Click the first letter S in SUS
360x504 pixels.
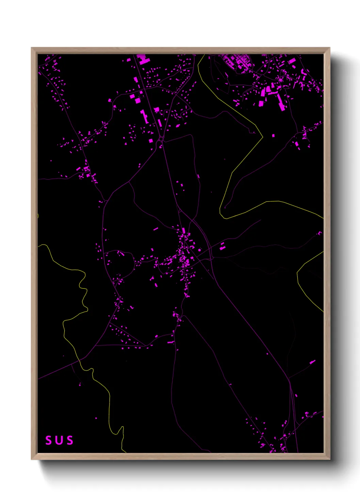pyautogui.click(x=49, y=440)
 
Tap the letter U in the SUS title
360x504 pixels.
pyautogui.click(x=59, y=440)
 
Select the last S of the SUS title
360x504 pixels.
pyautogui.click(x=70, y=440)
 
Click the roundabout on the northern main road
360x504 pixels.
pyautogui.click(x=161, y=139)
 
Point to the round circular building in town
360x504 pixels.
pyautogui.click(x=199, y=250)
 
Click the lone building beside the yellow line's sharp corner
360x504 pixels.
pyautogui.click(x=273, y=136)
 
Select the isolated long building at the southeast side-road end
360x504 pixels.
pyautogui.click(x=312, y=362)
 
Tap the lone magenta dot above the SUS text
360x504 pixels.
pyautogui.click(x=96, y=418)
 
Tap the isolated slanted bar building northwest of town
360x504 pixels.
pyautogui.click(x=156, y=229)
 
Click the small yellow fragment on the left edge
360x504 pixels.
pyautogui.click(x=38, y=216)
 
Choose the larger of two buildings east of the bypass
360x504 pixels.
pyautogui.click(x=222, y=248)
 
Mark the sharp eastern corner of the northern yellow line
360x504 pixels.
pyautogui.click(x=263, y=137)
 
